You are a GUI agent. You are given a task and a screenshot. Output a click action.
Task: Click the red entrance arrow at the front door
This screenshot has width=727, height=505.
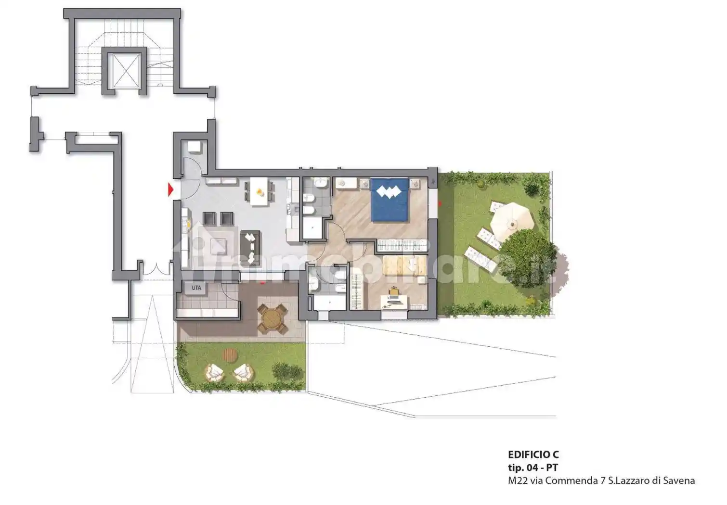170,190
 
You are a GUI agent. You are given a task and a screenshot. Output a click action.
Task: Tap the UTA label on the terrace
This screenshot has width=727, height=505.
196,288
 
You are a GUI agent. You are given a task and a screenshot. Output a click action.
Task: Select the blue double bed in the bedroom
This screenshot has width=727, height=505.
389,200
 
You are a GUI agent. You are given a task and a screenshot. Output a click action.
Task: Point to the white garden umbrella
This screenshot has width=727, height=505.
512,221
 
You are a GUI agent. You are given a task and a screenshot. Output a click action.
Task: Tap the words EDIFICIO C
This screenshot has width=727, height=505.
533,454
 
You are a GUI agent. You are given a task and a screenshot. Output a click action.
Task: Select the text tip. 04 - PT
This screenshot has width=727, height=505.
533,467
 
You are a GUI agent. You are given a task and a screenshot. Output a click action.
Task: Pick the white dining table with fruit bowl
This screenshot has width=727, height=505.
260,191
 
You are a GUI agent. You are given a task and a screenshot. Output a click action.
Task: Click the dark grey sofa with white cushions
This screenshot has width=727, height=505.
250,248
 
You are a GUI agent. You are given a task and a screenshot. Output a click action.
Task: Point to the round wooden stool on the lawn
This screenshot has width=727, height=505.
230,355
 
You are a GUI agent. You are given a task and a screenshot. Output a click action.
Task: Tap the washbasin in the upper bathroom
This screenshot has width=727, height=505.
320,183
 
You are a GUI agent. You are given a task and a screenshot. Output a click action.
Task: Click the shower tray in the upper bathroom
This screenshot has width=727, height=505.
312,228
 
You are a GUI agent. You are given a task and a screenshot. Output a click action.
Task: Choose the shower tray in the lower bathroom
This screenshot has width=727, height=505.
330,303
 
